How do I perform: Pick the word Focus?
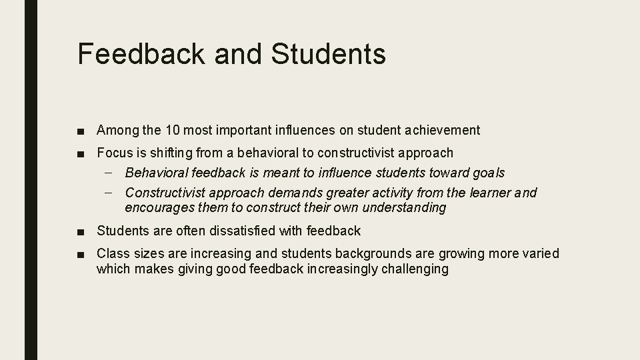pyautogui.click(x=114, y=153)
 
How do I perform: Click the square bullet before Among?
pyautogui.click(x=80, y=131)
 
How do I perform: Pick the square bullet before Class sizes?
pyautogui.click(x=80, y=255)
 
